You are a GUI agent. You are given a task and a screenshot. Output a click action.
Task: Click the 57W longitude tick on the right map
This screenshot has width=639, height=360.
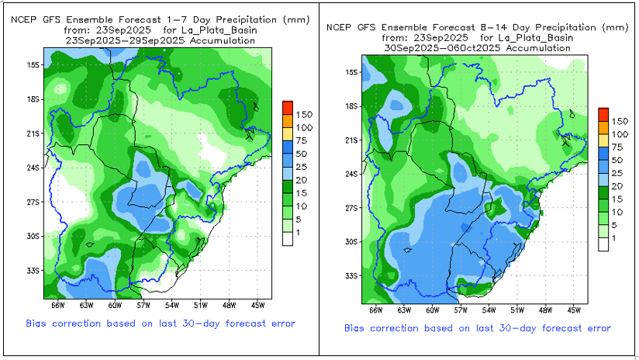(461, 310)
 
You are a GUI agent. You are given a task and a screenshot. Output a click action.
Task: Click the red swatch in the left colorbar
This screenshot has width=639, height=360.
(288, 106)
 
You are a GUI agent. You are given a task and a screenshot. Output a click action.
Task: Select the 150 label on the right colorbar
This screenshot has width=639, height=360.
(620, 121)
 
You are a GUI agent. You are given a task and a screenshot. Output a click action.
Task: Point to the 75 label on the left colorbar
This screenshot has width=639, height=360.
(302, 141)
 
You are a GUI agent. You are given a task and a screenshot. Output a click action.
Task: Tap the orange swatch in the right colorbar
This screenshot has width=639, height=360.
(603, 125)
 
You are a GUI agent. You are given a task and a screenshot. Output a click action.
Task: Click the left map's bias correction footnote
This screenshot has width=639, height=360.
(161, 323)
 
